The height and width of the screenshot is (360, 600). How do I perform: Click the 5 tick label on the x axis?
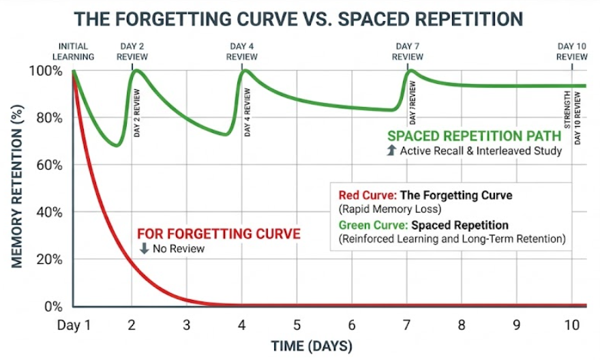297,325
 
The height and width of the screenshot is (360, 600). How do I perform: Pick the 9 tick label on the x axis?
517,325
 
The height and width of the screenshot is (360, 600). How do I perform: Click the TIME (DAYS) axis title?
312,346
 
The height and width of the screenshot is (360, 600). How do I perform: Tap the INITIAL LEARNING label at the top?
73,52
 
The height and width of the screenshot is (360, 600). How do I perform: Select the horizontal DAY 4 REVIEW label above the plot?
243,52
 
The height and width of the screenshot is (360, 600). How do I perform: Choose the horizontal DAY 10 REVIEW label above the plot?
571,52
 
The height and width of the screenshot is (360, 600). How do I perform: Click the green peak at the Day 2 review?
137,70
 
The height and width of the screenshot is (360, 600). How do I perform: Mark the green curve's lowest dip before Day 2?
117,145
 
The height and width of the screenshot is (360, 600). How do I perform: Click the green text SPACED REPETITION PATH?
475,136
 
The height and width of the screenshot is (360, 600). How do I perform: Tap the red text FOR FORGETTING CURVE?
219,234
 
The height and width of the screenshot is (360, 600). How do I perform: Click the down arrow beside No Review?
144,249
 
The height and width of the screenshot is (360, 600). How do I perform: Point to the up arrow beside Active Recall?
391,151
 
